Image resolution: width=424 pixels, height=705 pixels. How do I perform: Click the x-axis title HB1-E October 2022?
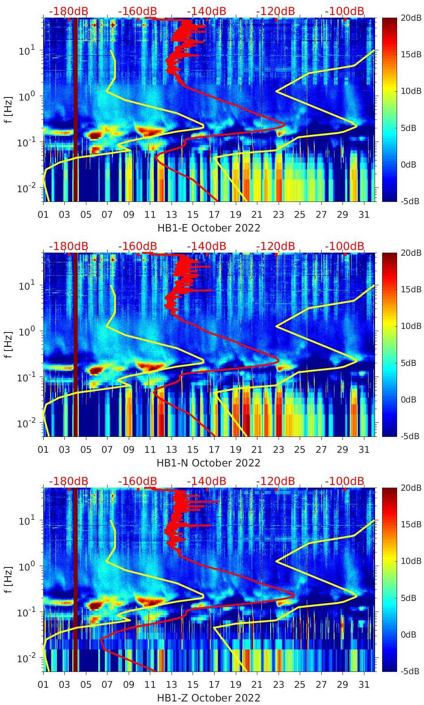click(208, 228)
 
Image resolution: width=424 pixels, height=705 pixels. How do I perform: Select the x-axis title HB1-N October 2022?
click(208, 463)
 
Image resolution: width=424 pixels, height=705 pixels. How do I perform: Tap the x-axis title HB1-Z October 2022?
click(208, 698)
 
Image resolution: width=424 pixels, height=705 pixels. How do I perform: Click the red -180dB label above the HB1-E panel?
click(68, 11)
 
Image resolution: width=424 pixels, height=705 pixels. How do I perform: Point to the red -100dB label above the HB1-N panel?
click(345, 246)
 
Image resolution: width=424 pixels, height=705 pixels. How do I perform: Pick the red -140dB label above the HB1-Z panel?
click(206, 481)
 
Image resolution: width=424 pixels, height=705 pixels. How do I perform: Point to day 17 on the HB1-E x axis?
click(214, 215)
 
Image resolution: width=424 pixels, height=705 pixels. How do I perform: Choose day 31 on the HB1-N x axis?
click(364, 450)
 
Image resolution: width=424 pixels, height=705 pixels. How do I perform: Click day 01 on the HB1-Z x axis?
click(43, 685)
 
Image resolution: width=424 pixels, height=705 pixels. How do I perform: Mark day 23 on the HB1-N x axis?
click(278, 450)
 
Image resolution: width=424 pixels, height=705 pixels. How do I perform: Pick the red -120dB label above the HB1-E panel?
click(275, 11)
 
